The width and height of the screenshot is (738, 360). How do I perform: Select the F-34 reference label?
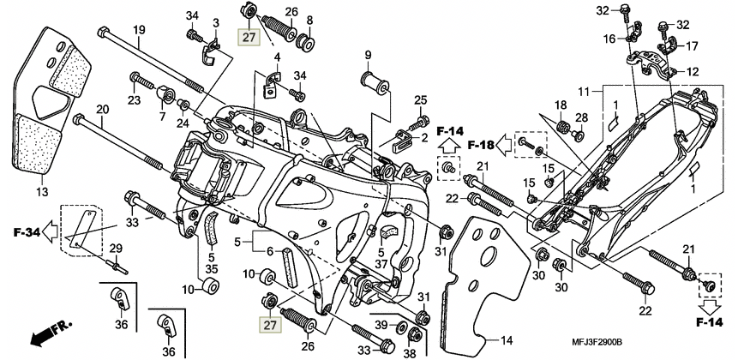25,231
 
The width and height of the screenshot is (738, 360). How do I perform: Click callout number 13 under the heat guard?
42,191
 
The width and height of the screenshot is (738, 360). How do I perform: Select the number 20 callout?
103,110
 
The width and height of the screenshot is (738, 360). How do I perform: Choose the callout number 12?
693,73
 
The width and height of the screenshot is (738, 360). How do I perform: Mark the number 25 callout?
420,100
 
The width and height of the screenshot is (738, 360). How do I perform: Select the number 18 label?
561,105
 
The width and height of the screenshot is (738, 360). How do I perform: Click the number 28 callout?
581,117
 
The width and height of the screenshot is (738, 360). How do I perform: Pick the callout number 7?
162,116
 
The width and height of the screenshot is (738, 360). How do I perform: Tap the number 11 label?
597,91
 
